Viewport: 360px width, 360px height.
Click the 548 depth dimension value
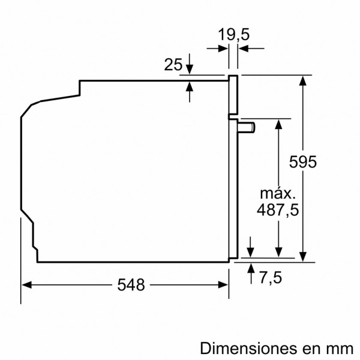(132, 286)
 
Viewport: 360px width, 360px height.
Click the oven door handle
(246, 127)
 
